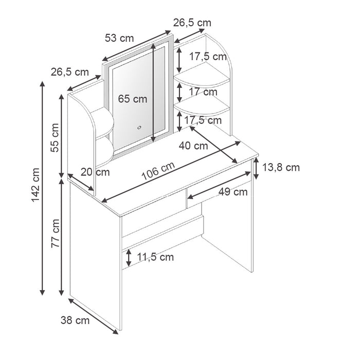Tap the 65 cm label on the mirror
pos(132,99)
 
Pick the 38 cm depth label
pos(75,321)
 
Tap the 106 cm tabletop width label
pos(158,170)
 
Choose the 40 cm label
pos(193,146)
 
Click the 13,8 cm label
pos(280,167)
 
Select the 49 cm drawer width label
pos(232,192)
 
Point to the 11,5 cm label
pos(155,257)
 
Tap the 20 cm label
pos(95,172)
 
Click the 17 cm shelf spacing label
pos(203,92)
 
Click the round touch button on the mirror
pos(138,127)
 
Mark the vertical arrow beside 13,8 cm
pos(256,169)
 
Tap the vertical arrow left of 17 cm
pos(179,93)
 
